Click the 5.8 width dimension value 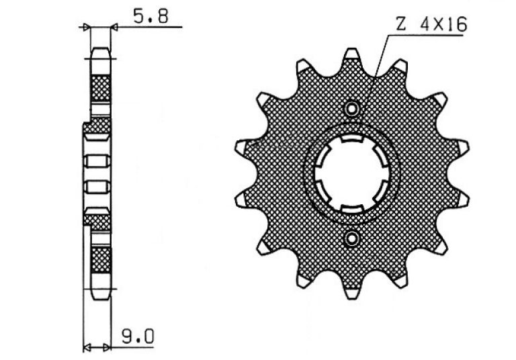[x=150, y=16]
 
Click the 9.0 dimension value [x=138, y=336]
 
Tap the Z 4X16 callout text [x=431, y=24]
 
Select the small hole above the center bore [x=352, y=109]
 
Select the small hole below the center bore [x=352, y=239]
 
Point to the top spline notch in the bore [x=352, y=138]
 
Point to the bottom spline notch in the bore [x=352, y=209]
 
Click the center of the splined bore [x=352, y=173]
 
